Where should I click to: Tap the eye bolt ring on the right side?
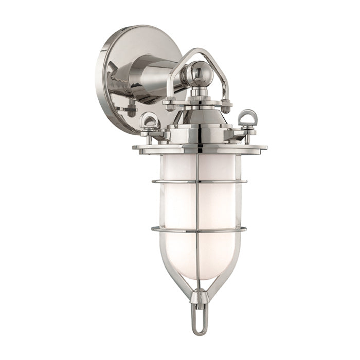click(248, 118)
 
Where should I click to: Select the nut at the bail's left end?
click(169, 103)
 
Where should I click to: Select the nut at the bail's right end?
click(226, 105)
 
